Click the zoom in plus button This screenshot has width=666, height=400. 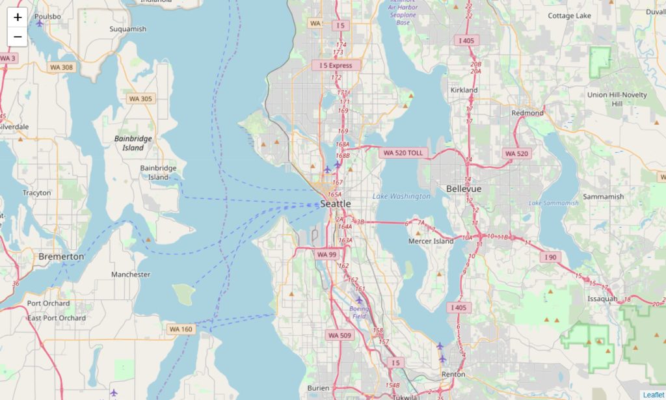[x=18, y=18]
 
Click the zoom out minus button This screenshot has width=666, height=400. [x=18, y=37]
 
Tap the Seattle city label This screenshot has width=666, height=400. [x=336, y=204]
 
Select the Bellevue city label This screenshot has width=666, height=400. [x=464, y=189]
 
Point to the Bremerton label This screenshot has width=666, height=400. [x=61, y=256]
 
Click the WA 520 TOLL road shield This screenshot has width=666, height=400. [x=403, y=153]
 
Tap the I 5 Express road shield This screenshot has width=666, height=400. [x=336, y=66]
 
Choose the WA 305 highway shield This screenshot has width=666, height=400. [x=140, y=99]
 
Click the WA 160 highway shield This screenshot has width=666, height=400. [x=181, y=329]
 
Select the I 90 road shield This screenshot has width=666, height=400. [x=551, y=258]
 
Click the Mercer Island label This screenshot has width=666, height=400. [x=431, y=241]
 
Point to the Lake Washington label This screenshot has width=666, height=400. [x=401, y=196]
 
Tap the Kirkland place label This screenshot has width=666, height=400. [x=464, y=90]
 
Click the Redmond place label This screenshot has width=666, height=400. [x=527, y=113]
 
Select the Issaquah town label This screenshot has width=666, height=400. [x=602, y=299]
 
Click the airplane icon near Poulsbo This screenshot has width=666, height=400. [x=40, y=23]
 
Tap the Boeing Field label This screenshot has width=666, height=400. [x=359, y=312]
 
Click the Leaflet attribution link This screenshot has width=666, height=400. [x=653, y=395]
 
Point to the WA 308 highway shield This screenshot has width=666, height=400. [x=62, y=67]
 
